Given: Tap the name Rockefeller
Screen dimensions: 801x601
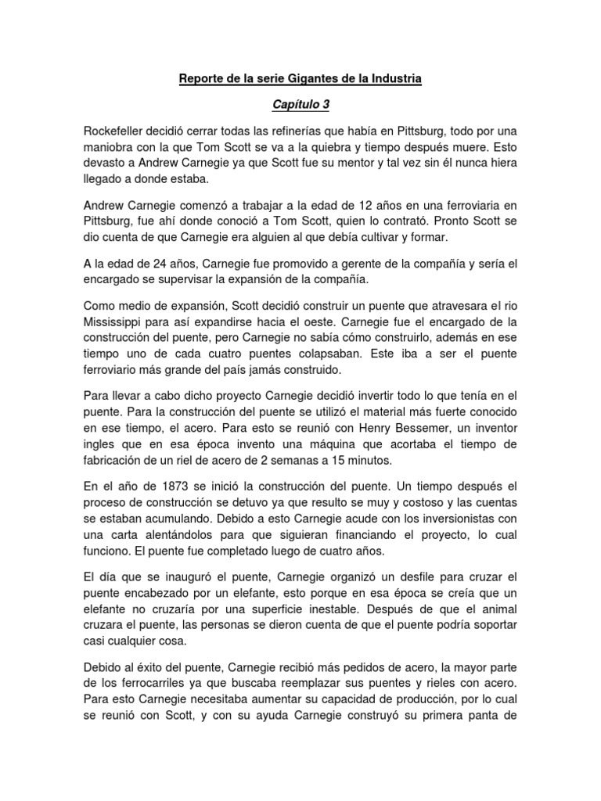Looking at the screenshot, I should pyautogui.click(x=121, y=130).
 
